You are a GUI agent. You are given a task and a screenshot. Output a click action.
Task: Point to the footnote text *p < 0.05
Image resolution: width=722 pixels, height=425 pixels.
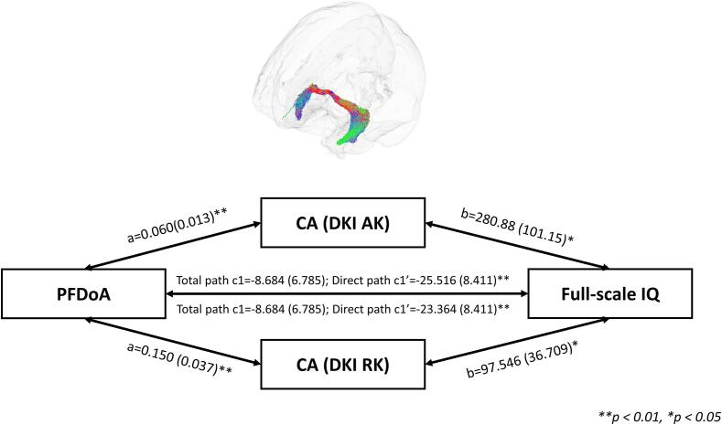[x=686, y=416]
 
